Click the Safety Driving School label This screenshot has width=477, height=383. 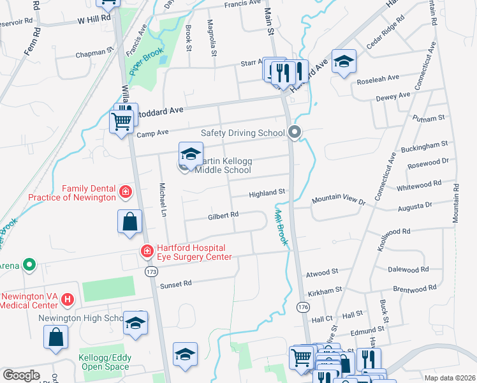[242, 133]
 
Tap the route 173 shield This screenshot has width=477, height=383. [151, 272]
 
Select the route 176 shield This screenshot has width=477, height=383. [304, 307]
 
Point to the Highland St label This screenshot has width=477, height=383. [266, 192]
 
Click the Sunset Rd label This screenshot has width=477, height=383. [175, 285]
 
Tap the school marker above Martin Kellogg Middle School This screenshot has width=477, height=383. [190, 154]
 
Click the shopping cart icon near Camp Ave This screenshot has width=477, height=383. [121, 120]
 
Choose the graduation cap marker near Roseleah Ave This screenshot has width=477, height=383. [344, 61]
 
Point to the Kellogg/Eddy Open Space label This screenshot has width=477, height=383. [105, 362]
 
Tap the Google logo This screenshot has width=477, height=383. [21, 375]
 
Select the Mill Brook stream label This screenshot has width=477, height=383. [280, 226]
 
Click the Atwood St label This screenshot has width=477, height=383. [321, 272]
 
